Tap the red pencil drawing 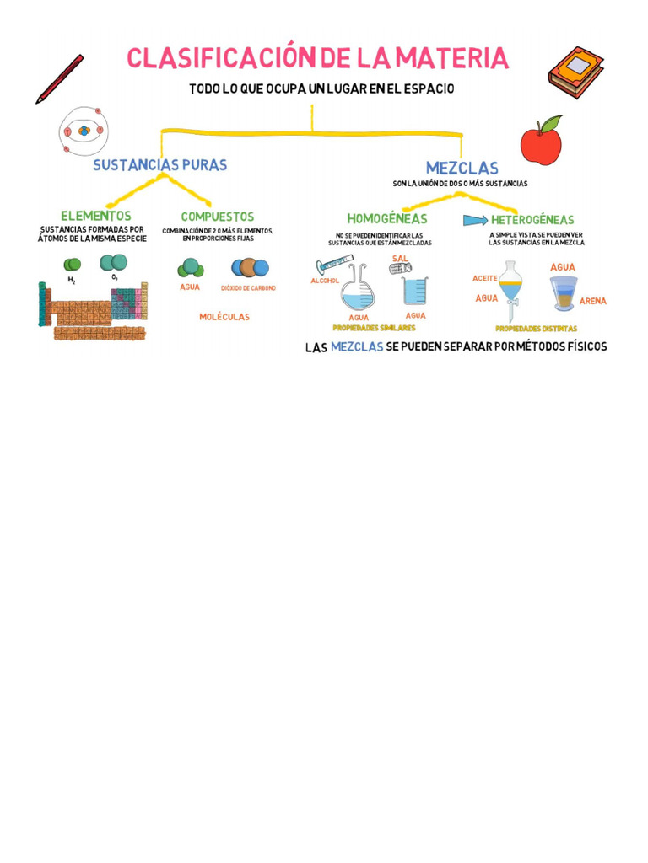click(x=59, y=79)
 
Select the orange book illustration click(x=575, y=72)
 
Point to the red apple click(x=541, y=142)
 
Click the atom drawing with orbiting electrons click(x=84, y=131)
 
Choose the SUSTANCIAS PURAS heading click(x=159, y=165)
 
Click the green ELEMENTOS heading click(x=95, y=217)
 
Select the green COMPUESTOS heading click(x=217, y=217)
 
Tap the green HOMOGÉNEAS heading click(x=387, y=219)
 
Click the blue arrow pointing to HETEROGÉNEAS click(x=475, y=220)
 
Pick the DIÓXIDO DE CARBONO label click(x=248, y=288)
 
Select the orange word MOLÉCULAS click(x=224, y=317)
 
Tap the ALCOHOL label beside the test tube click(x=325, y=281)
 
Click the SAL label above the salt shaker click(x=400, y=258)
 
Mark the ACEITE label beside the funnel click(x=485, y=277)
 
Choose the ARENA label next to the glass click(x=592, y=301)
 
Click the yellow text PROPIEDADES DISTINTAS click(x=536, y=329)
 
